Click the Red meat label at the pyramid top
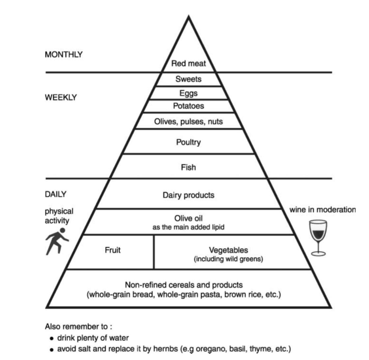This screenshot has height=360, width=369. [x=188, y=63]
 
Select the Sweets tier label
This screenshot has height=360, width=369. [x=188, y=79]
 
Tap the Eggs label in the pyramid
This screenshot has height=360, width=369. [x=188, y=93]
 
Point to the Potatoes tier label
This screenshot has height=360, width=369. [x=188, y=106]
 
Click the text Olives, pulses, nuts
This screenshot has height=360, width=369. [x=188, y=121]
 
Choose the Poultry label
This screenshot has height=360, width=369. [x=188, y=142]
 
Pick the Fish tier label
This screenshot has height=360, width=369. [x=188, y=167]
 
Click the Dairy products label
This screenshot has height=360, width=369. [x=188, y=195]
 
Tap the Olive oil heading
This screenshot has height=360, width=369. [x=188, y=218]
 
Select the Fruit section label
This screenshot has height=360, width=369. [x=113, y=250]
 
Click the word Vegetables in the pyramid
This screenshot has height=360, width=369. [x=229, y=250]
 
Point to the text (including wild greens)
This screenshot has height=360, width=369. [x=229, y=259]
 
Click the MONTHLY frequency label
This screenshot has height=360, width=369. [x=64, y=55]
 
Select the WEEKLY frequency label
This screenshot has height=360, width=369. [x=61, y=97]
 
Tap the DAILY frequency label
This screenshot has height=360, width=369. [x=56, y=194]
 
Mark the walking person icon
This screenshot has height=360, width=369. [x=57, y=241]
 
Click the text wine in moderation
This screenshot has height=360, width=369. [x=323, y=210]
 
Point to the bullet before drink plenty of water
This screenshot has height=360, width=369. [x=52, y=339]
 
